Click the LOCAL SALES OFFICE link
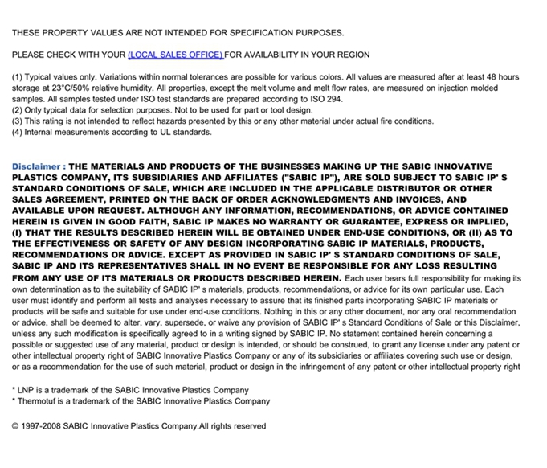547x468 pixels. [x=175, y=55]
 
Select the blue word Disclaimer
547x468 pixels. [x=36, y=166]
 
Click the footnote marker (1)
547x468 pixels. [x=17, y=77]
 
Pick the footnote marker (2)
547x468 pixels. [x=17, y=110]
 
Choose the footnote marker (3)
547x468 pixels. [x=17, y=121]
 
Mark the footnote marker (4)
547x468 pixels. [x=17, y=133]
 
